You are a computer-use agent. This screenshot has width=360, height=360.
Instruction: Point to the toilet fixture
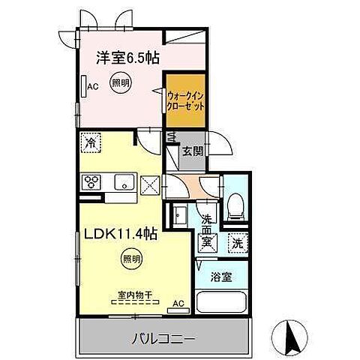click(x=235, y=204)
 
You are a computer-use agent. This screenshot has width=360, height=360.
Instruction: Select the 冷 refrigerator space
click(x=91, y=141)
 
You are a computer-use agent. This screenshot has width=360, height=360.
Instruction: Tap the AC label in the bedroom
click(x=93, y=88)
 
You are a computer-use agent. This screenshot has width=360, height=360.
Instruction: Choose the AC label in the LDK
click(x=178, y=304)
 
